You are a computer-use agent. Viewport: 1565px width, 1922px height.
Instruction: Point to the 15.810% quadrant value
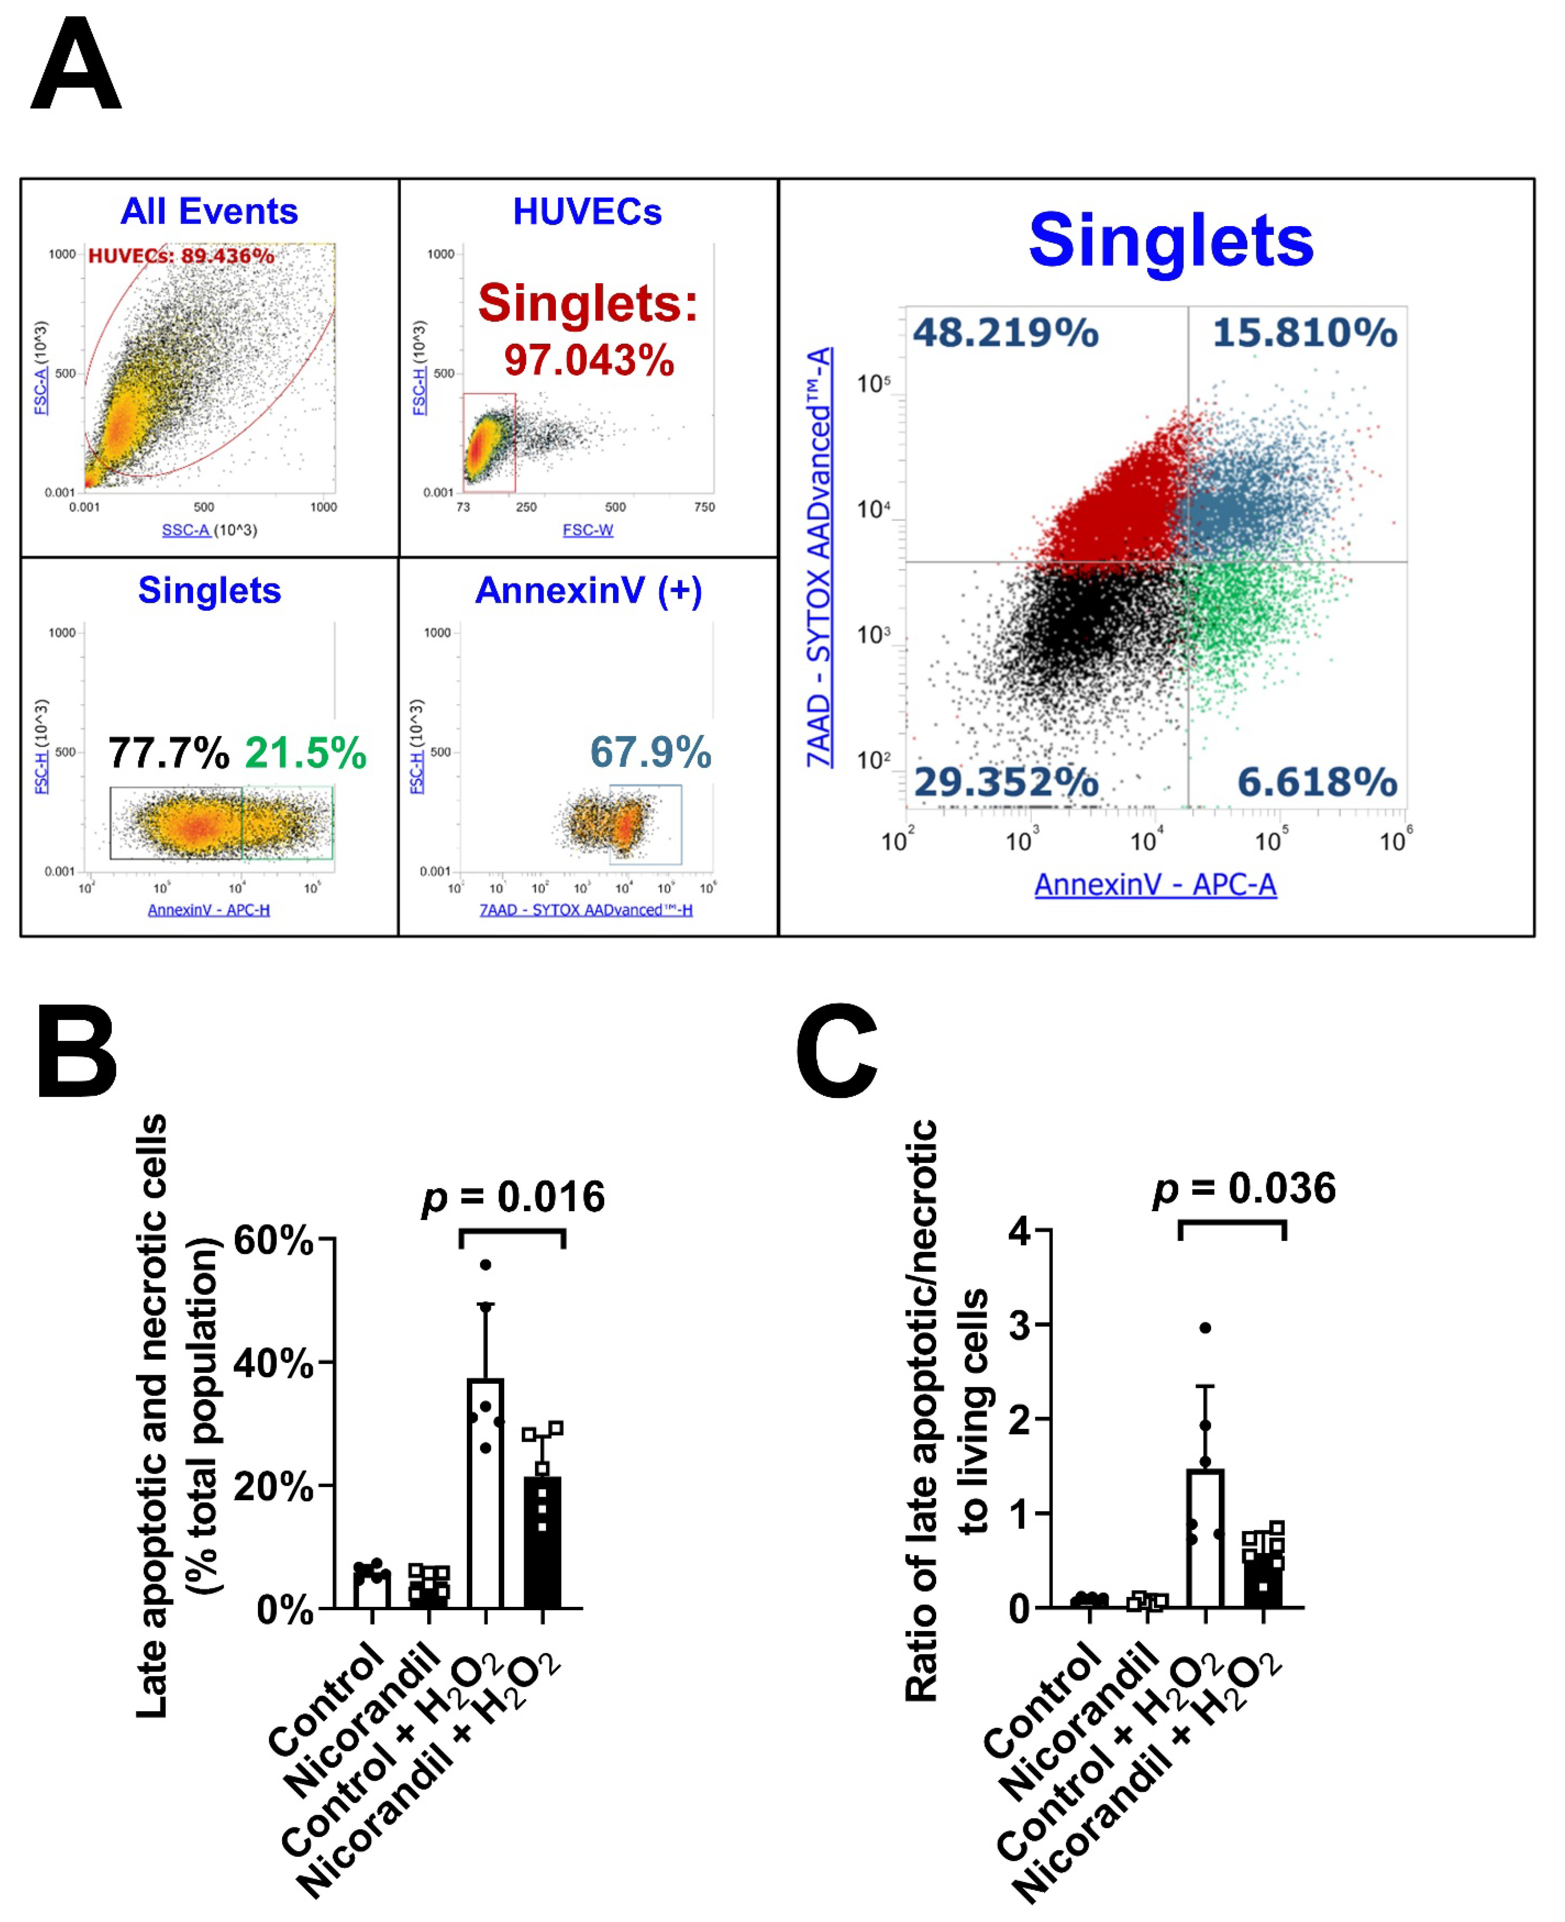(1305, 332)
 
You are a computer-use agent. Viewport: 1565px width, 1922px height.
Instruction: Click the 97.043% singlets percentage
(589, 361)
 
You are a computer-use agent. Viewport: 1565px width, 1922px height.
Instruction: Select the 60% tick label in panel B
(273, 1240)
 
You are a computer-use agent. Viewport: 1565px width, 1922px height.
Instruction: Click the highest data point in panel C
(1205, 1327)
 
